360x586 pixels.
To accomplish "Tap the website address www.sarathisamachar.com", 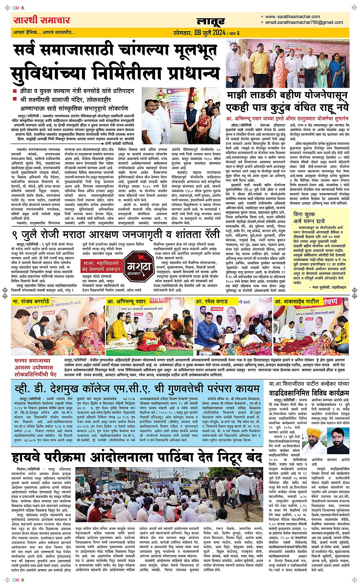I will pos(292,17).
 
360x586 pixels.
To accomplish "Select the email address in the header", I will pos(299,22).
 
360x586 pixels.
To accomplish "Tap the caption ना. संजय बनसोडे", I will pos(31,301).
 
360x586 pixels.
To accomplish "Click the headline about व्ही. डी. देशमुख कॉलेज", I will pos(137,389).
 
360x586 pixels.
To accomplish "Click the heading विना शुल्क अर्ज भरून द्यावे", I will pos(309,218).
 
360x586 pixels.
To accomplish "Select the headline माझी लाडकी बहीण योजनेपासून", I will pos(287,101).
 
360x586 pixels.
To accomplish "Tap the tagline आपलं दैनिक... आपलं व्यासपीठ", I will pos(45,32).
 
